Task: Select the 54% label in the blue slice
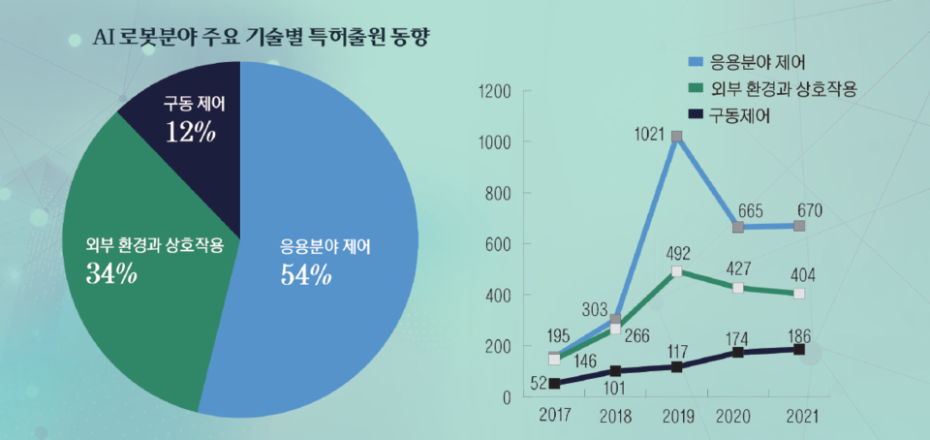306,276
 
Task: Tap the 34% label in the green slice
111,274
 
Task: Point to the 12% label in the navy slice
191,132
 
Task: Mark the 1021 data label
648,133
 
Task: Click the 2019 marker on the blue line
676,137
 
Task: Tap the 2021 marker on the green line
799,294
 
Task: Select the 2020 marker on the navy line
738,353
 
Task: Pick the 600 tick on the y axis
498,244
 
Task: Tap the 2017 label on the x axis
554,417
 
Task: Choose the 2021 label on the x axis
799,417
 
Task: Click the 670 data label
810,209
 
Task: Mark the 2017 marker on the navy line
554,384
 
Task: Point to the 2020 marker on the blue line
738,227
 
